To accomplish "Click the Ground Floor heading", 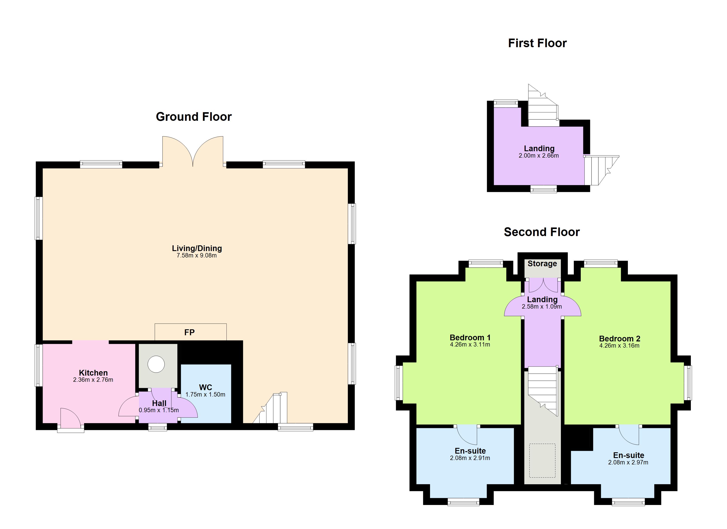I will click(194, 117).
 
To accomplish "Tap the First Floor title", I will click(537, 43).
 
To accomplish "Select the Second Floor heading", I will click(542, 232).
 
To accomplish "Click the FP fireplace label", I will click(189, 332).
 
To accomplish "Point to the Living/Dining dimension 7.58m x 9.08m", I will click(197, 256).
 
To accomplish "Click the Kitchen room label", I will click(93, 373).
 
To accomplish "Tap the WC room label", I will click(206, 387).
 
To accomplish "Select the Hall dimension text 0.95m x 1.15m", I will click(159, 410).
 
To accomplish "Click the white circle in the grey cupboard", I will click(156, 364).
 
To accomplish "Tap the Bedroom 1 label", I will click(470, 337).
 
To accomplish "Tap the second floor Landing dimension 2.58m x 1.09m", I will click(542, 307).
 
